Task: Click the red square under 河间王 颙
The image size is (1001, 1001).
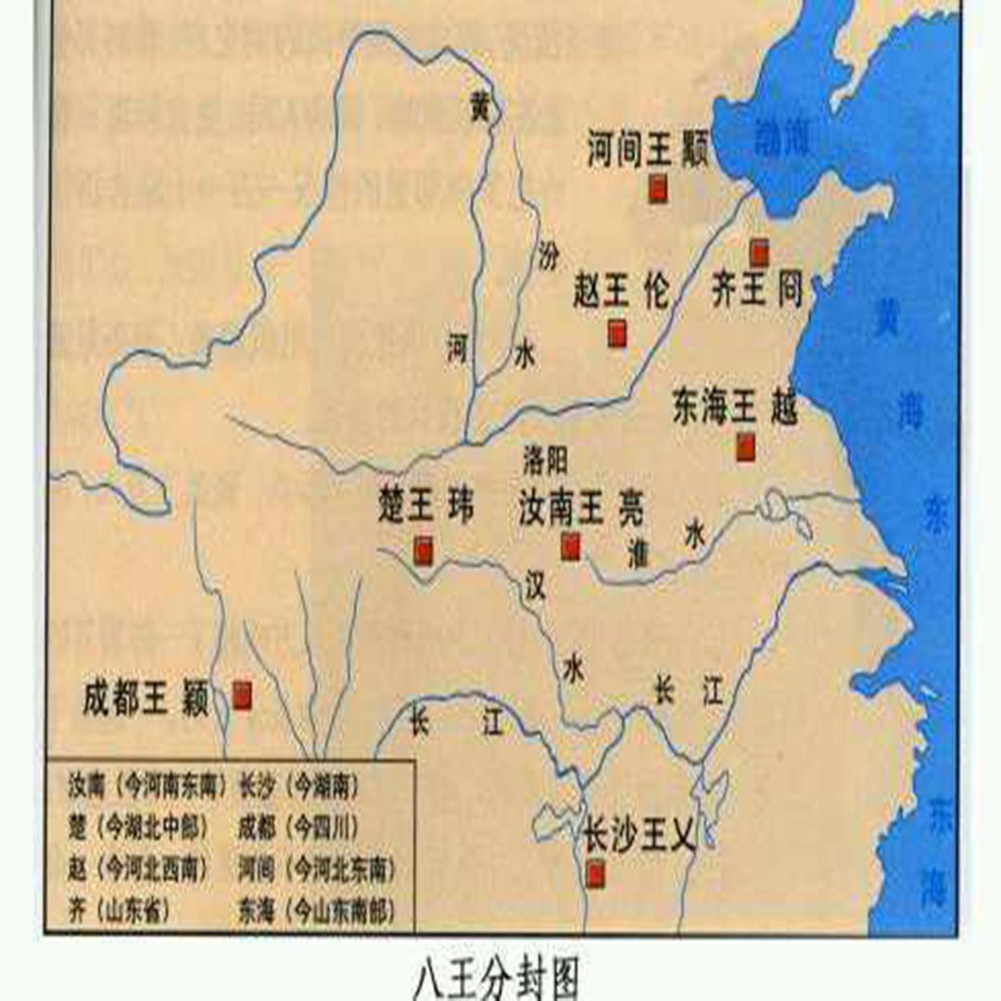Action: [x=658, y=189]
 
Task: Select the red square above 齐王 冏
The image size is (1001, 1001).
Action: [x=760, y=253]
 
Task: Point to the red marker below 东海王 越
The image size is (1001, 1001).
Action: [x=745, y=448]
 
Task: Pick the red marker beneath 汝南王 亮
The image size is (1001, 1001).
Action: [x=571, y=547]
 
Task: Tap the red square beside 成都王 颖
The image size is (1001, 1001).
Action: [x=242, y=695]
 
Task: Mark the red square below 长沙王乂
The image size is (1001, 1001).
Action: [x=596, y=873]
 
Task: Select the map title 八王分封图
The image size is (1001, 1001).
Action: [x=500, y=978]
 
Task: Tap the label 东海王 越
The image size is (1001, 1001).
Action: [x=735, y=409]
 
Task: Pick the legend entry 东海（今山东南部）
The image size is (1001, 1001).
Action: [x=316, y=909]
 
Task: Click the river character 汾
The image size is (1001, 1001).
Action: [x=550, y=257]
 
